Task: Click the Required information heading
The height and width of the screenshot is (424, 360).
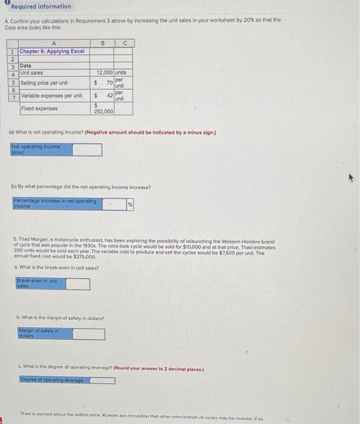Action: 41,7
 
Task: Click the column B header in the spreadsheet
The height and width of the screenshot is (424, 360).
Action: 103,43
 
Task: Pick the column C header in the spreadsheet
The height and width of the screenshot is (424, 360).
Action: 123,43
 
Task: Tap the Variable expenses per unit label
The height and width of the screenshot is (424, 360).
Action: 51,96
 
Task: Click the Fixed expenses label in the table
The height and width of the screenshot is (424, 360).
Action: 39,108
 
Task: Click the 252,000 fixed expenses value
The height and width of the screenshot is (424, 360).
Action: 103,111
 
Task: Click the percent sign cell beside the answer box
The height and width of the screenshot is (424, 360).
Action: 129,205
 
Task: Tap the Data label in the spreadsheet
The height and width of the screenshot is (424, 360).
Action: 26,66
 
